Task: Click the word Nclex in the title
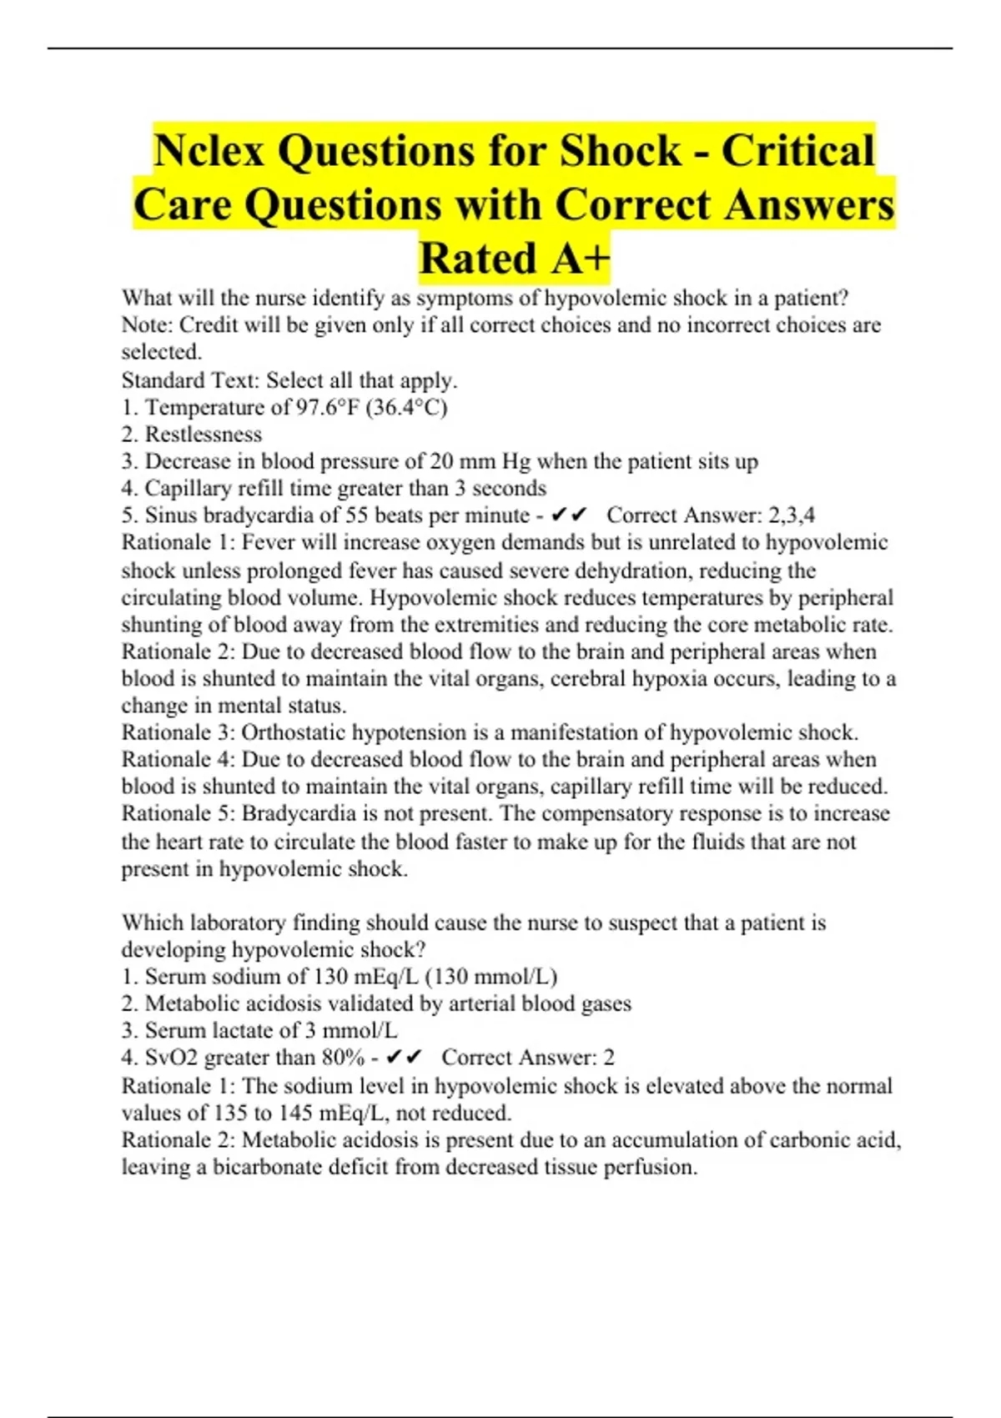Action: click(x=209, y=151)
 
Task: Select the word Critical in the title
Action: click(x=798, y=151)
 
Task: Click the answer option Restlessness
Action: click(x=203, y=435)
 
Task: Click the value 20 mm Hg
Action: click(x=475, y=461)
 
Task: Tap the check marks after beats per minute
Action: click(x=571, y=515)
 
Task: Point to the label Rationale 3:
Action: click(x=179, y=732)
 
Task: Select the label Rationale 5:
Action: click(x=179, y=813)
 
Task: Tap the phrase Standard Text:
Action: click(x=190, y=380)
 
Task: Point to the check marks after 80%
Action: click(x=405, y=1058)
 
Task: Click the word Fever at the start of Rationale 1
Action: click(x=266, y=543)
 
